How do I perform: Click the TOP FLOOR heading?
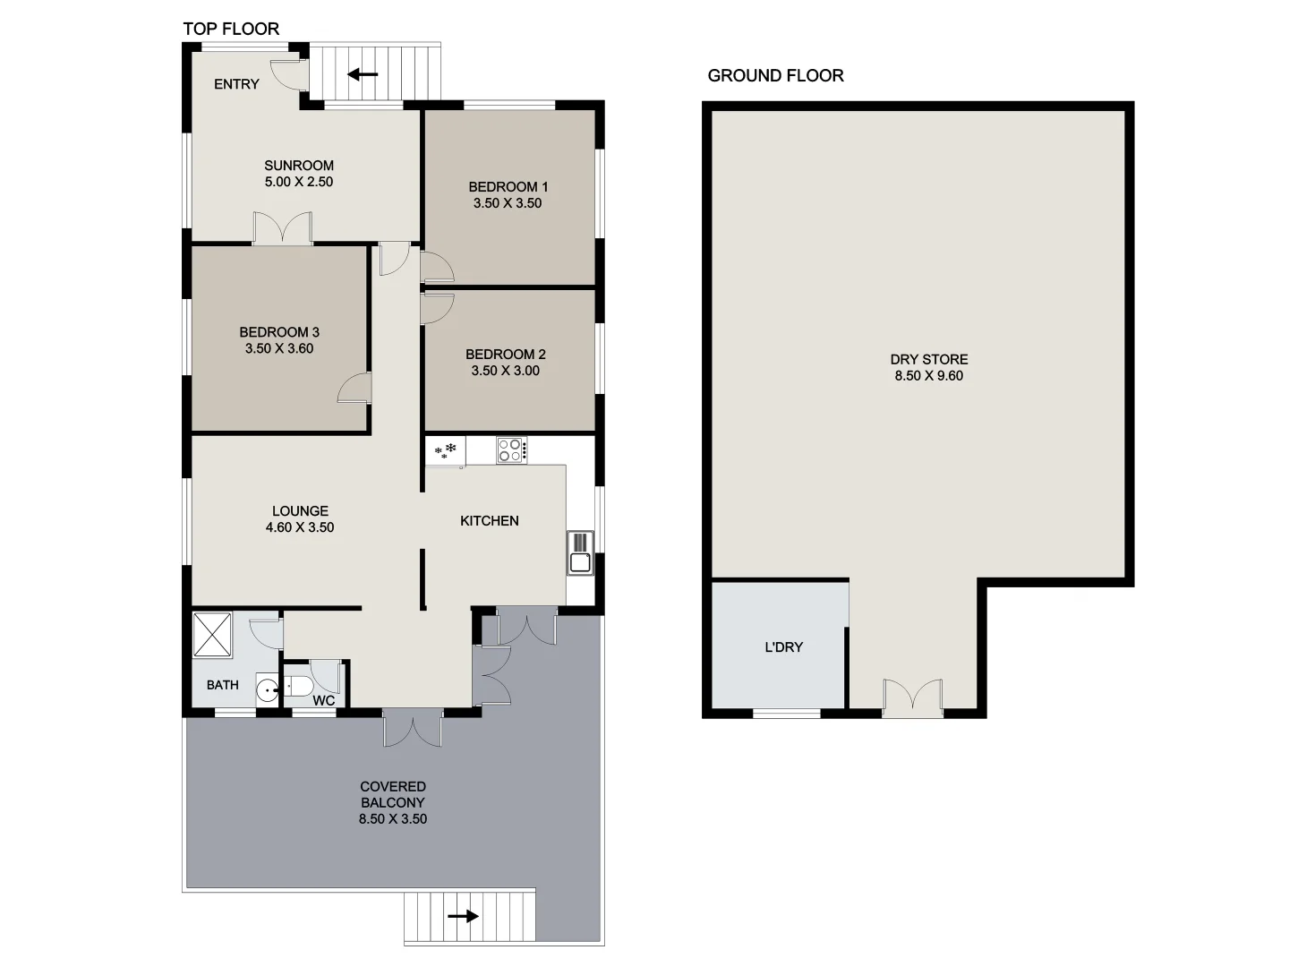pyautogui.click(x=231, y=29)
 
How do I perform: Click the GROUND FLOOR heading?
pyautogui.click(x=775, y=76)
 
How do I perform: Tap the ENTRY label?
pyautogui.click(x=236, y=84)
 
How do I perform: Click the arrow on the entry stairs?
pyautogui.click(x=363, y=74)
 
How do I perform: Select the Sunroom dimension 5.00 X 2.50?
pyautogui.click(x=298, y=182)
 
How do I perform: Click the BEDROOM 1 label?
pyautogui.click(x=508, y=187)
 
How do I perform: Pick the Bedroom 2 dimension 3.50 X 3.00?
pyautogui.click(x=505, y=371)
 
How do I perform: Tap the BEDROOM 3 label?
pyautogui.click(x=278, y=332)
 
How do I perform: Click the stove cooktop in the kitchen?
pyautogui.click(x=511, y=449)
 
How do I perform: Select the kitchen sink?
pyautogui.click(x=580, y=552)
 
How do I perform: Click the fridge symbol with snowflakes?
pyautogui.click(x=445, y=451)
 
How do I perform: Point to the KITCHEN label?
pyautogui.click(x=489, y=521)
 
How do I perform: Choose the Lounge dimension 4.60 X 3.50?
pyautogui.click(x=299, y=528)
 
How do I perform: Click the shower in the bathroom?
pyautogui.click(x=212, y=634)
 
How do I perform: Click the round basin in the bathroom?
pyautogui.click(x=267, y=690)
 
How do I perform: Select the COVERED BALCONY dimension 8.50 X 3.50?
pyautogui.click(x=392, y=819)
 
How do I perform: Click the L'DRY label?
pyautogui.click(x=783, y=647)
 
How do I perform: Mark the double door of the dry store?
pyautogui.click(x=912, y=697)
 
